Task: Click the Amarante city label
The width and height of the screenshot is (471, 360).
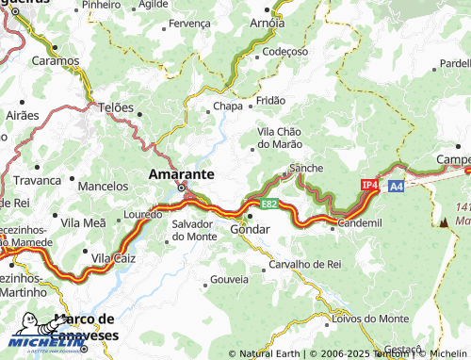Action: tap(181, 174)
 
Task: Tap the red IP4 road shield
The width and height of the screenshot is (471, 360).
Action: tap(369, 187)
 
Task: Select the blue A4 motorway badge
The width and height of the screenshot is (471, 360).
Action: tap(397, 187)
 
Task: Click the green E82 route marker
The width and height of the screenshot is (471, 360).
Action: tap(269, 204)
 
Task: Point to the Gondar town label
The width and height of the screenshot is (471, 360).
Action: tap(251, 229)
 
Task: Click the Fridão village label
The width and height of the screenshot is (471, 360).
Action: tap(270, 99)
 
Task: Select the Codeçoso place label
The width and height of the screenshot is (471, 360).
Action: tap(285, 51)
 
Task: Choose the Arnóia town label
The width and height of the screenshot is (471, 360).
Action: tap(267, 22)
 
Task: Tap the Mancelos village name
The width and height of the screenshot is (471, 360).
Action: tap(103, 187)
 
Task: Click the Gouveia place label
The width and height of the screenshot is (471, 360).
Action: tap(229, 280)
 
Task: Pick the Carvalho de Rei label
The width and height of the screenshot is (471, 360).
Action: tap(304, 264)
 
